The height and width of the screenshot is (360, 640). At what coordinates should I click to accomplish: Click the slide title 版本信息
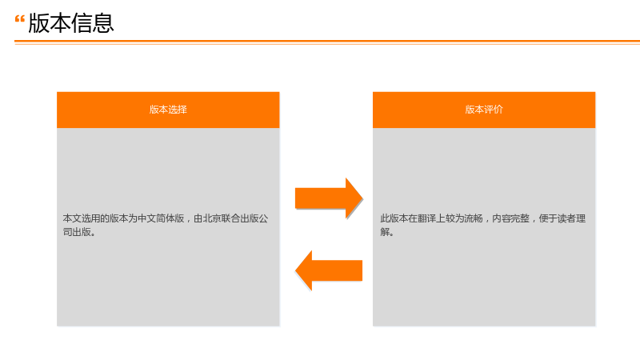(71, 23)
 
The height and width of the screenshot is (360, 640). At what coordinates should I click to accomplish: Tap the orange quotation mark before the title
(19, 19)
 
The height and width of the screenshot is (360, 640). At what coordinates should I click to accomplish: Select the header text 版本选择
(168, 110)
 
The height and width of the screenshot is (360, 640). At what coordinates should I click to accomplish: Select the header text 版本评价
(484, 110)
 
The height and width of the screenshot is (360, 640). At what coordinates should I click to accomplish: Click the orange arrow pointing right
(329, 198)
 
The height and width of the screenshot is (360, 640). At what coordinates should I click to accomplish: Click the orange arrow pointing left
(329, 270)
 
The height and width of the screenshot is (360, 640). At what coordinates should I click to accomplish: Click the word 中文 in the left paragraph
(147, 218)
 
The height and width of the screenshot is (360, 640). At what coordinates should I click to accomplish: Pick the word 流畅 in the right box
(474, 218)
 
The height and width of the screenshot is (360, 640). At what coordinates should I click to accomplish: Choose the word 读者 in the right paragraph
(566, 218)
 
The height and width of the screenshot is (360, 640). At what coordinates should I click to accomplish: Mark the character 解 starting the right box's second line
(385, 232)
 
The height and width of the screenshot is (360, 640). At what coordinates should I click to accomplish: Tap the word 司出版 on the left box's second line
(77, 232)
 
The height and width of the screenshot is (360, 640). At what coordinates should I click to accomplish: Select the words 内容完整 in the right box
(510, 218)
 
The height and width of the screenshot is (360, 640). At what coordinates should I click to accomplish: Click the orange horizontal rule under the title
(327, 42)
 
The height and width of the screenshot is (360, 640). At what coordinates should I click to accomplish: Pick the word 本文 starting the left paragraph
(72, 218)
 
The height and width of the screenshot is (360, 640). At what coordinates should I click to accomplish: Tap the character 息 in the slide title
(103, 23)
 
